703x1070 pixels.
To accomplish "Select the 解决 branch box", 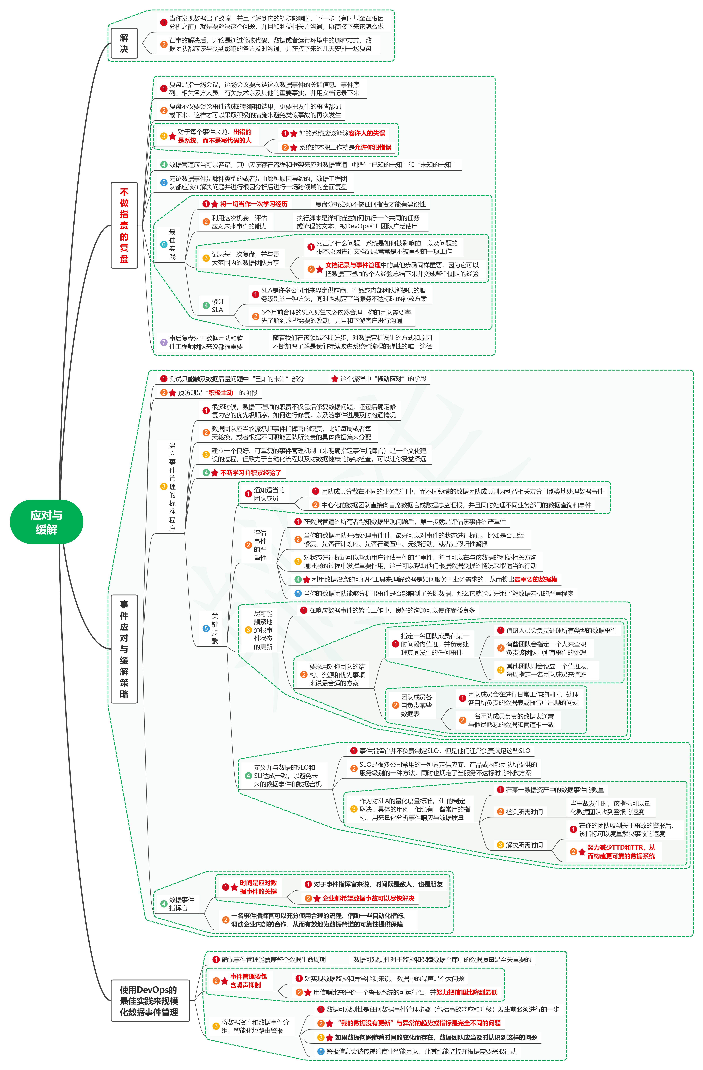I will point(124,44).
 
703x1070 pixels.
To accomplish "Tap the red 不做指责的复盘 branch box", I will point(124,225).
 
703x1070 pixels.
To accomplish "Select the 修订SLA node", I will point(218,305).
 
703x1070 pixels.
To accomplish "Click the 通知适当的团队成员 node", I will point(269,494).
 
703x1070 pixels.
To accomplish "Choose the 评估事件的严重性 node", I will point(260,545).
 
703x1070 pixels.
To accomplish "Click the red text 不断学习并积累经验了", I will point(250,473).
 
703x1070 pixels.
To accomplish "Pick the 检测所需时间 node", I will point(524,812).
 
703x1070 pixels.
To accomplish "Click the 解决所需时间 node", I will point(524,845).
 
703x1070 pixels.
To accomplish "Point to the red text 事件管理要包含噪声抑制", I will point(248,980).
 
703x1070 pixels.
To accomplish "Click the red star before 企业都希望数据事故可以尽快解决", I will point(317,898).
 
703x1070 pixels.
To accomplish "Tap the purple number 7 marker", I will point(164,342).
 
